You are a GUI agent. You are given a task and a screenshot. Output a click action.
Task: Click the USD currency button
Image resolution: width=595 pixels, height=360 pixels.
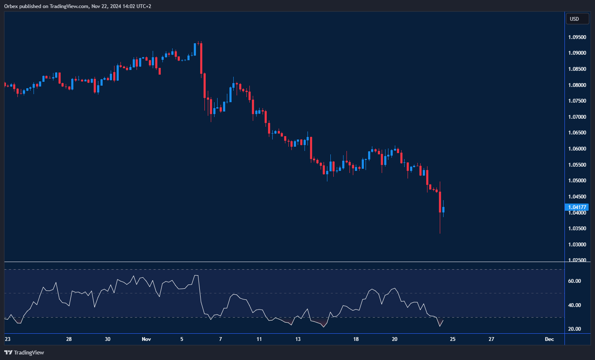pyautogui.click(x=577, y=19)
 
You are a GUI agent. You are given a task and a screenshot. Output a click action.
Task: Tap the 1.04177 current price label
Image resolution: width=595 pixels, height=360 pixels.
pyautogui.click(x=577, y=207)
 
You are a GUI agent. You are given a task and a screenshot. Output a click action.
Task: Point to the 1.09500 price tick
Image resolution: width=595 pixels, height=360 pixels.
pyautogui.click(x=577, y=37)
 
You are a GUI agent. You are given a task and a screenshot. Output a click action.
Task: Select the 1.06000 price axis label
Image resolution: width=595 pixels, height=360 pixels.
pyautogui.click(x=577, y=149)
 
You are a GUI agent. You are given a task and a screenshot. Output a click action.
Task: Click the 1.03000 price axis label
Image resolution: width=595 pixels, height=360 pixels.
pyautogui.click(x=577, y=245)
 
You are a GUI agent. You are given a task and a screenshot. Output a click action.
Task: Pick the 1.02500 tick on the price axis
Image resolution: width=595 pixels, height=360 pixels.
pyautogui.click(x=577, y=260)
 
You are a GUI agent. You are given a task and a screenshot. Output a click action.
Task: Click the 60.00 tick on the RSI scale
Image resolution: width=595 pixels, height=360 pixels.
pyautogui.click(x=575, y=281)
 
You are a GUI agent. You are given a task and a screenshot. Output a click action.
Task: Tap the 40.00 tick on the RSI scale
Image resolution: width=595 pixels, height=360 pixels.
pyautogui.click(x=575, y=305)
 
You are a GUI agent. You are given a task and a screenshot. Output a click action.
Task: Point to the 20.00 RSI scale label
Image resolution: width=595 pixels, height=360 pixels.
pyautogui.click(x=575, y=329)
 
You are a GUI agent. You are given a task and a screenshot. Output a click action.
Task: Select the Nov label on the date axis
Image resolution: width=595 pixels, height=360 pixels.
pyautogui.click(x=146, y=339)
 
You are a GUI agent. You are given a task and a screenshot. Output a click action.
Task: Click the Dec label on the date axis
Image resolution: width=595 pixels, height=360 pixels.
pyautogui.click(x=549, y=339)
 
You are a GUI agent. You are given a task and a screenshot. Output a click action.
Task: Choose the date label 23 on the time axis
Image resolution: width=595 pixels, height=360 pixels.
pyautogui.click(x=7, y=339)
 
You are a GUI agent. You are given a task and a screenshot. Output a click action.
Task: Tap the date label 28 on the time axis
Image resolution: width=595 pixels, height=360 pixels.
pyautogui.click(x=69, y=339)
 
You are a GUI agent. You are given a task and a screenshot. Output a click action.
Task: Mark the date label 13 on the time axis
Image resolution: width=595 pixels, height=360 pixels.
pyautogui.click(x=298, y=339)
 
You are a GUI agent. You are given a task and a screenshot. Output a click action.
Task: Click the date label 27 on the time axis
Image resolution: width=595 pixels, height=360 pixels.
pyautogui.click(x=492, y=339)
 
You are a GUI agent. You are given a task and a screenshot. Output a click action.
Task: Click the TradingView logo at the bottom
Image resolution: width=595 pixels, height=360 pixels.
pyautogui.click(x=24, y=352)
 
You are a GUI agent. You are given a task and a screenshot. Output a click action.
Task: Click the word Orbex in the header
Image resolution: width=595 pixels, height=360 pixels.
pyautogui.click(x=11, y=6)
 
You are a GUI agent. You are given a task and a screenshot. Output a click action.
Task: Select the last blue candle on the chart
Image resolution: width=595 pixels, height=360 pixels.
pyautogui.click(x=443, y=209)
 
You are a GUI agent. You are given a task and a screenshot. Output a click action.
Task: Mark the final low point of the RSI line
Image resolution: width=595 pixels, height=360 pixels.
pyautogui.click(x=440, y=327)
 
